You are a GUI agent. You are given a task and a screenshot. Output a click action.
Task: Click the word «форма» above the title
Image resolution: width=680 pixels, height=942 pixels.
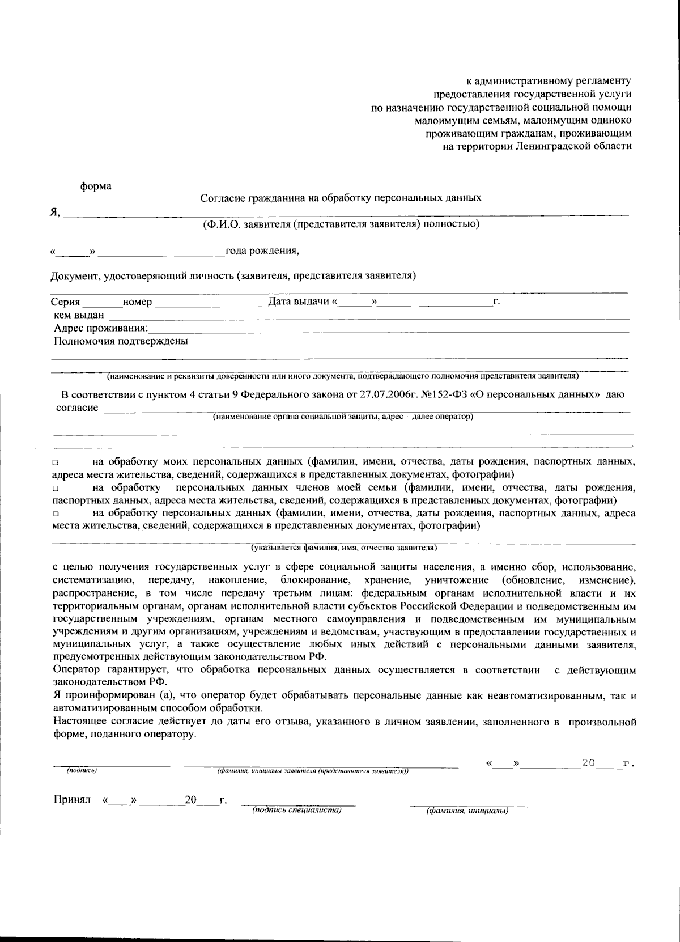(96, 186)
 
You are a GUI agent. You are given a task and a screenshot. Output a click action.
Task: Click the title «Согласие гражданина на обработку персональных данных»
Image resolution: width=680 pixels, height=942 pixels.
(341, 198)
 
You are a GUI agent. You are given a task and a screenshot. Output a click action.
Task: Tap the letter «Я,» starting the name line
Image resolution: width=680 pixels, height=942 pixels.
(54, 212)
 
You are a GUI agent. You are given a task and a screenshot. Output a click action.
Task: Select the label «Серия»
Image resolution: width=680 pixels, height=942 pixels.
(65, 302)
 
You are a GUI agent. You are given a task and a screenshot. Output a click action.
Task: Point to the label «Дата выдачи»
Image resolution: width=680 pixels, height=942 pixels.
(299, 302)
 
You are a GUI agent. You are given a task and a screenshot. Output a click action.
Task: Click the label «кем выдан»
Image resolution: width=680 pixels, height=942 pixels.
(79, 315)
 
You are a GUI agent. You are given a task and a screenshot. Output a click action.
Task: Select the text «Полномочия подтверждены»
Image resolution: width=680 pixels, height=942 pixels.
(121, 341)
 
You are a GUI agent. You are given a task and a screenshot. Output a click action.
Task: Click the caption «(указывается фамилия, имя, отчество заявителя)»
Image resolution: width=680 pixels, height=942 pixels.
(344, 548)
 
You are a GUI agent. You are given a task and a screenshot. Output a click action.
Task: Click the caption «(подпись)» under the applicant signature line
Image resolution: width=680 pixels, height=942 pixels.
(81, 770)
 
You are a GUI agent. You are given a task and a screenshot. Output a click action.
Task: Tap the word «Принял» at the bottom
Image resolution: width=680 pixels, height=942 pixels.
(72, 800)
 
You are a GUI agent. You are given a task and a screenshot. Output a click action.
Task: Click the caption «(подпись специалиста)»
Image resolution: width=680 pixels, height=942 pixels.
(296, 810)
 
